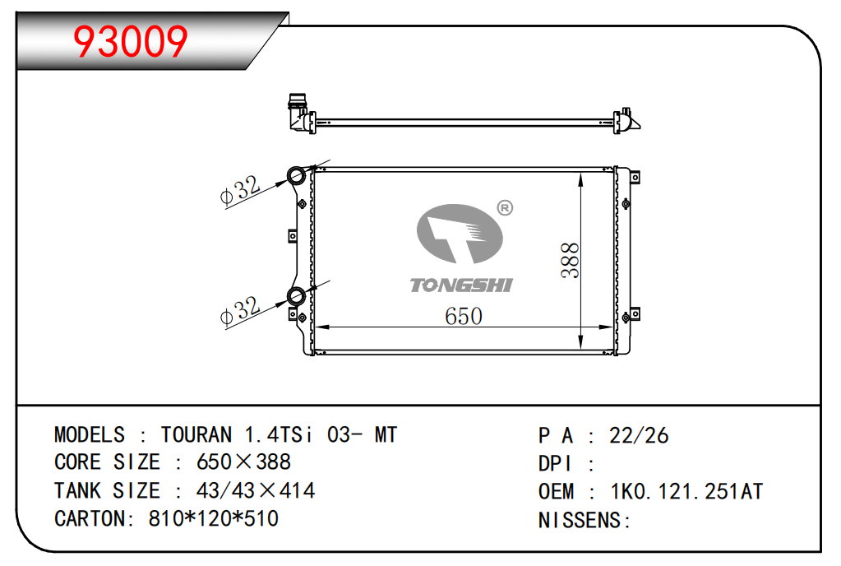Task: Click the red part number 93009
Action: click(x=131, y=41)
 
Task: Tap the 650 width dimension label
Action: click(x=464, y=316)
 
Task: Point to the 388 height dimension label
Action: click(x=571, y=260)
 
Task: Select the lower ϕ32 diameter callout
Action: click(x=240, y=310)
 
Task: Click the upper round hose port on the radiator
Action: click(x=296, y=175)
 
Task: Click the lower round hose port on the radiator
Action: click(x=296, y=296)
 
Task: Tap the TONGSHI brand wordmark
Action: click(x=462, y=285)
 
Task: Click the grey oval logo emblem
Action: click(x=460, y=234)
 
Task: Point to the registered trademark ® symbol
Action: click(x=505, y=207)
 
